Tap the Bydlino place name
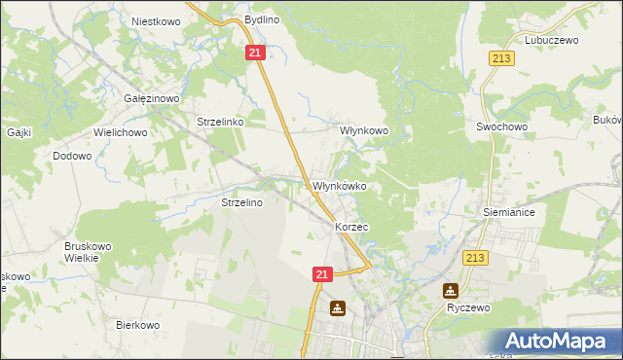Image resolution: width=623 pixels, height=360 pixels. point(261,19)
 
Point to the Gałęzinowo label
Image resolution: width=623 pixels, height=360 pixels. point(149,98)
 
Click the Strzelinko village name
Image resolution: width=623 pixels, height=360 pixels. point(225,123)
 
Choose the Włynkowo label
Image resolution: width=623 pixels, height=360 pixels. point(363,129)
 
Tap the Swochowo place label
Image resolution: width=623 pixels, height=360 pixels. point(501,126)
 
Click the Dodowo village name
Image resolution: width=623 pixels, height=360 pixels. point(72,156)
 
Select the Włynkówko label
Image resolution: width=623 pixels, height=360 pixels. point(338,186)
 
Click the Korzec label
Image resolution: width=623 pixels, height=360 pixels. point(351,227)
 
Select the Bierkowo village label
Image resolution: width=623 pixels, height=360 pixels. point(137,325)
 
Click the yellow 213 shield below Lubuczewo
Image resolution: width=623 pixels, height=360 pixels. point(501,59)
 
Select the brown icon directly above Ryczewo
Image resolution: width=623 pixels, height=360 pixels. point(451,290)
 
